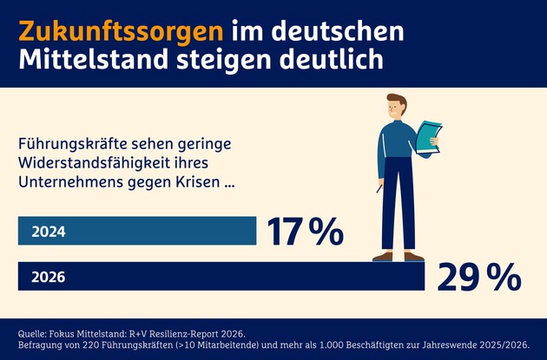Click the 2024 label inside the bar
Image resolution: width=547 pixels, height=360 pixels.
pyautogui.click(x=48, y=232)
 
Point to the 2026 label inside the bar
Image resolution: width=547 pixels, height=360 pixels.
pyautogui.click(x=48, y=278)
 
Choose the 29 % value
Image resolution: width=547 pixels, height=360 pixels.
pyautogui.click(x=479, y=278)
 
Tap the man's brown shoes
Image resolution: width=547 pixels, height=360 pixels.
pyautogui.click(x=399, y=256)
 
